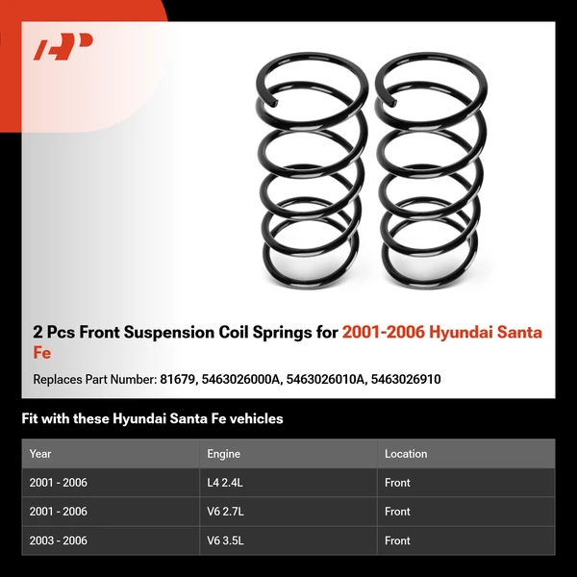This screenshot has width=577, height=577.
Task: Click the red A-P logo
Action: tap(63, 46)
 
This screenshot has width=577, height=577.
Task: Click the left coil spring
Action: tap(307, 167)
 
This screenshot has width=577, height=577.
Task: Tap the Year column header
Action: tap(40, 454)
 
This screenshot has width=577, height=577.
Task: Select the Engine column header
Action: tap(223, 454)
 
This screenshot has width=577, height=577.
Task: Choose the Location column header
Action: tap(406, 454)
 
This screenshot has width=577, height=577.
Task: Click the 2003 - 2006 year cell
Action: tap(58, 540)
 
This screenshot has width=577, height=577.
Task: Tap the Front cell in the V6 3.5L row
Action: tap(397, 540)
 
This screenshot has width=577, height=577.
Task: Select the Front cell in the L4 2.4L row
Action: tap(397, 483)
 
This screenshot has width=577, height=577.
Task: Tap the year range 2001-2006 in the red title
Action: tap(383, 333)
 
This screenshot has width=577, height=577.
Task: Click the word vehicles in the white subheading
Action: tap(254, 419)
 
